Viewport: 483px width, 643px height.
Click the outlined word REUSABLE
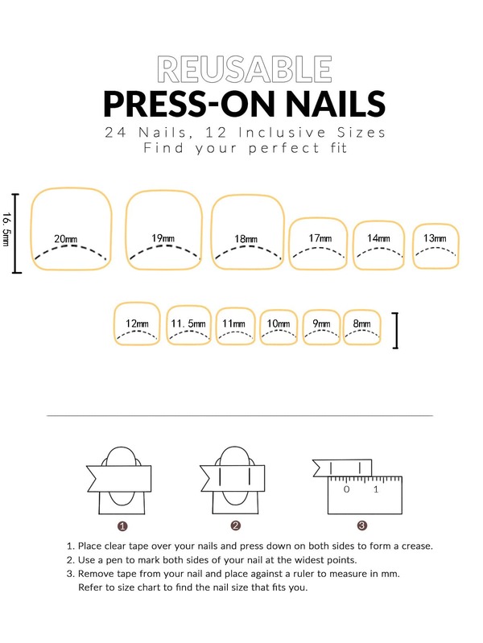(244, 69)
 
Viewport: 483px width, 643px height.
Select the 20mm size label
(66, 239)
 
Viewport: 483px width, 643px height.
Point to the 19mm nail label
(163, 238)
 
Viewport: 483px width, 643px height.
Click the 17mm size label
(320, 238)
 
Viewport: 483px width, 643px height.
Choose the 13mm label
(435, 238)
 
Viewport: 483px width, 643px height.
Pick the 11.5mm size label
(188, 324)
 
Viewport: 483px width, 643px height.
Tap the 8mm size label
(362, 324)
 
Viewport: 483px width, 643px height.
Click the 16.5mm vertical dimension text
(6, 229)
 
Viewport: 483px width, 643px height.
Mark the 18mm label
(246, 239)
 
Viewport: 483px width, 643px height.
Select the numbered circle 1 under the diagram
(122, 526)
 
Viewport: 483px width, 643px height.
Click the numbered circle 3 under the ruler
(362, 526)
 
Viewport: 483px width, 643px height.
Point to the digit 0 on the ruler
(347, 489)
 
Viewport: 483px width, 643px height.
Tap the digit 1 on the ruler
(376, 489)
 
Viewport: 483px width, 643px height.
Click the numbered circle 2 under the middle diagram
(236, 526)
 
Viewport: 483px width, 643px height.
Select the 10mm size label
(279, 324)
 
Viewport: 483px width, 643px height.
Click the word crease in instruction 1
(417, 546)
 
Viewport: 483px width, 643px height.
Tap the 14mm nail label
(378, 238)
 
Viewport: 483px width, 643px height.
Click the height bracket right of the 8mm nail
(396, 331)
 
